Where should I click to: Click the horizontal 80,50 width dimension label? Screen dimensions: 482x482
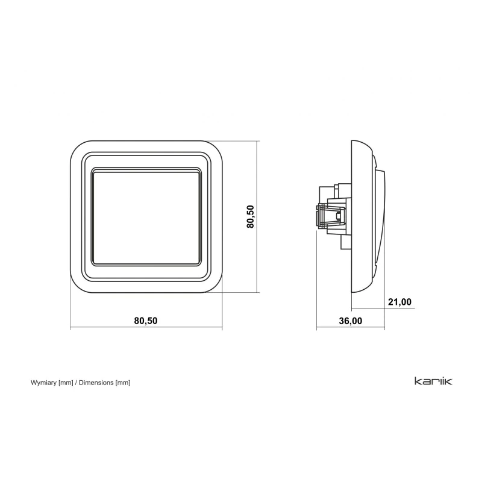[146, 321]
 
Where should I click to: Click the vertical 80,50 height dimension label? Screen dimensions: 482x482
[251, 217]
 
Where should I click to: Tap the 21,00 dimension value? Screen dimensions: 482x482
[399, 302]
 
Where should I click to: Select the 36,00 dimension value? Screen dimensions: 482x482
[351, 321]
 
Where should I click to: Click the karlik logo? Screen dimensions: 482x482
[433, 381]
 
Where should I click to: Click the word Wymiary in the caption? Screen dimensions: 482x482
[43, 383]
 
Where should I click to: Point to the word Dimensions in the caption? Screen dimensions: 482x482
[96, 383]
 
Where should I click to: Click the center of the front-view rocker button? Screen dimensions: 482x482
[146, 217]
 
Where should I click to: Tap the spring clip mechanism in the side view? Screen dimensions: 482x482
[331, 216]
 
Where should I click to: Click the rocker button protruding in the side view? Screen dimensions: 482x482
[381, 217]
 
